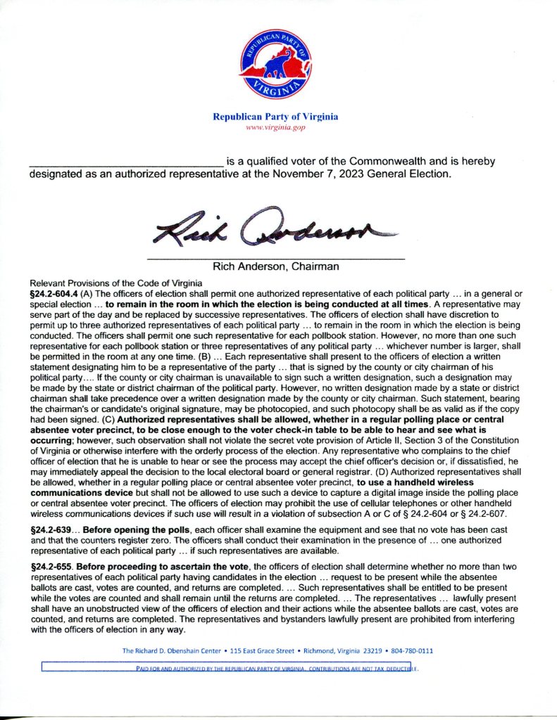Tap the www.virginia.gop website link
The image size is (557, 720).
[x=275, y=127]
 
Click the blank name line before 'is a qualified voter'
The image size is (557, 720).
[x=125, y=162]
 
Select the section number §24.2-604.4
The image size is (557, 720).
[x=51, y=290]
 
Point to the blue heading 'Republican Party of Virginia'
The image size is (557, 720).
[x=275, y=117]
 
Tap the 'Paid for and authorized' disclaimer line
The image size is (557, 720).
[x=275, y=669]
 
